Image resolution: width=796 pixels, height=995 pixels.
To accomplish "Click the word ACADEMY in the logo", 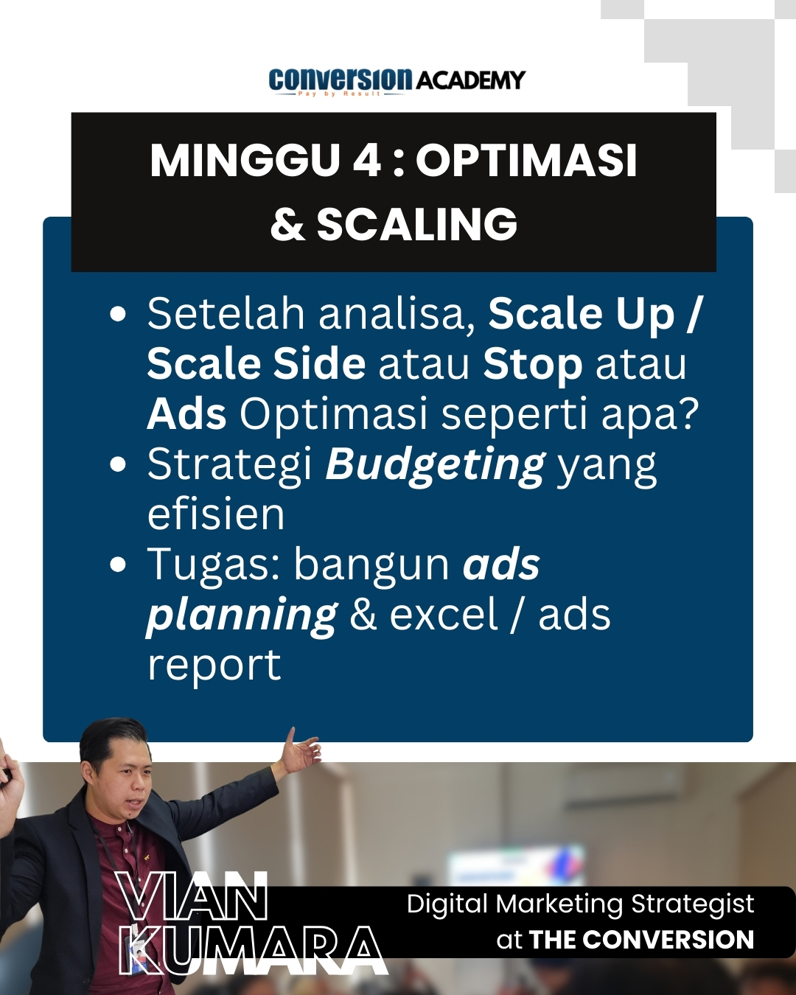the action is coord(471,80).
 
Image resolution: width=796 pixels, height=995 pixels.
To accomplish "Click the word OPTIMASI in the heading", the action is coord(526,161).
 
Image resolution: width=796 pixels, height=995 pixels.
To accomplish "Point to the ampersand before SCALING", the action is coord(287,223).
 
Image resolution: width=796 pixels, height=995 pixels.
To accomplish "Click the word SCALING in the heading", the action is coord(416,223).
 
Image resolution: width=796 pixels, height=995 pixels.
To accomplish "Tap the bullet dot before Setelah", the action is coord(119,314).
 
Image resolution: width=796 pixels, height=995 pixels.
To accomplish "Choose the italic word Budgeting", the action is coord(435,466).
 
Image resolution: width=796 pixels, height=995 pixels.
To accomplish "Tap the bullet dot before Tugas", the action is coord(119,565).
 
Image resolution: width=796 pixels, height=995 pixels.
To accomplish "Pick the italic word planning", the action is coord(242,616).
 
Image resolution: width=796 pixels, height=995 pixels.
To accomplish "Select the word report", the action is coord(214,666).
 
